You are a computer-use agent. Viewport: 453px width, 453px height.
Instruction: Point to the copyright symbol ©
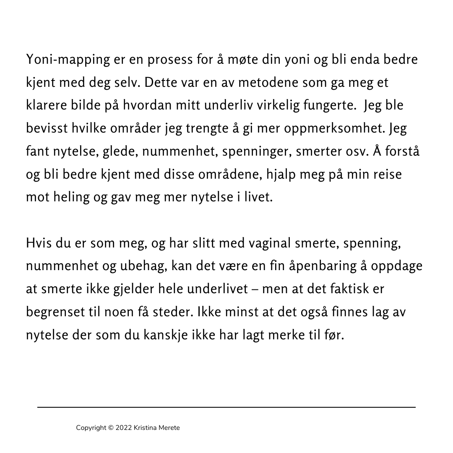[111, 428]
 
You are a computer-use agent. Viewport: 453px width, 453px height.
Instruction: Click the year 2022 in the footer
[123, 428]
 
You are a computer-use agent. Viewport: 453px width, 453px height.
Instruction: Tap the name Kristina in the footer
[146, 428]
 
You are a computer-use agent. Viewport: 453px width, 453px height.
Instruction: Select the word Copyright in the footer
[91, 428]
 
